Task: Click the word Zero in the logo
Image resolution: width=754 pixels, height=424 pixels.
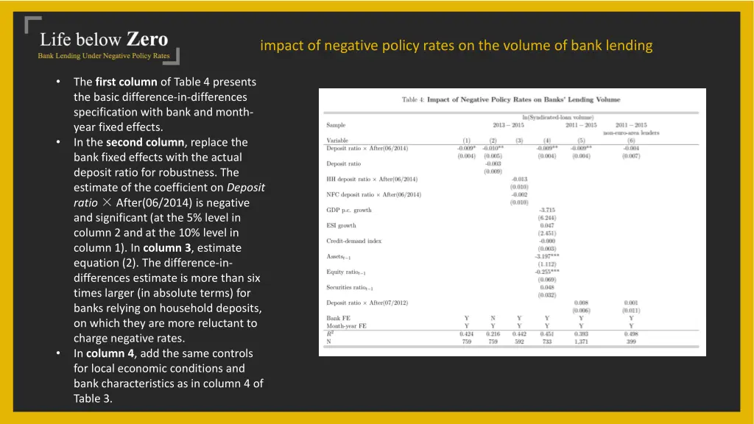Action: [147, 38]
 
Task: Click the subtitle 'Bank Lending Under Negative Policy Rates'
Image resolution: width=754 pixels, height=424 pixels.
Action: [104, 56]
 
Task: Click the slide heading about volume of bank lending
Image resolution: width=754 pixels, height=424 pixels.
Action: [456, 46]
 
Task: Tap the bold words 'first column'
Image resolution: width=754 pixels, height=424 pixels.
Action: [126, 82]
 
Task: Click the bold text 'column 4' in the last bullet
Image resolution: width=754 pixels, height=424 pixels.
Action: [110, 353]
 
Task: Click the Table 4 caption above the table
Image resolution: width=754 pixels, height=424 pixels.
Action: [511, 100]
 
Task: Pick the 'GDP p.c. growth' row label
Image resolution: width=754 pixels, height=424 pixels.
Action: [349, 210]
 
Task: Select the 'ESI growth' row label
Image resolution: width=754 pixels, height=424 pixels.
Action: [342, 225]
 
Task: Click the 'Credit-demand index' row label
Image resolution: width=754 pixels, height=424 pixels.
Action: [354, 241]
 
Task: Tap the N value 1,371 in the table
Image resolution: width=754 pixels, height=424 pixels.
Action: [582, 341]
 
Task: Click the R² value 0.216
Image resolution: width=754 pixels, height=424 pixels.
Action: [493, 333]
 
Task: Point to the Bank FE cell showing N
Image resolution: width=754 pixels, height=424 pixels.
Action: [493, 318]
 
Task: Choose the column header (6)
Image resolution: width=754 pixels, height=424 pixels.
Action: [631, 140]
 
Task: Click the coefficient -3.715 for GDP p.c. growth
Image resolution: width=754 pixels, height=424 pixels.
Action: [546, 210]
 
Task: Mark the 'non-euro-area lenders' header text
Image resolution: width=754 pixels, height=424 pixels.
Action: [631, 132]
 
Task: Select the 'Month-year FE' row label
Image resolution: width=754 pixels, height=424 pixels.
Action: [346, 325]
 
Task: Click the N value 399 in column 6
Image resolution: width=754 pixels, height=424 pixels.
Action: [631, 341]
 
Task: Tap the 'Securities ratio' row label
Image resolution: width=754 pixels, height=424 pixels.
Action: [350, 287]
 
